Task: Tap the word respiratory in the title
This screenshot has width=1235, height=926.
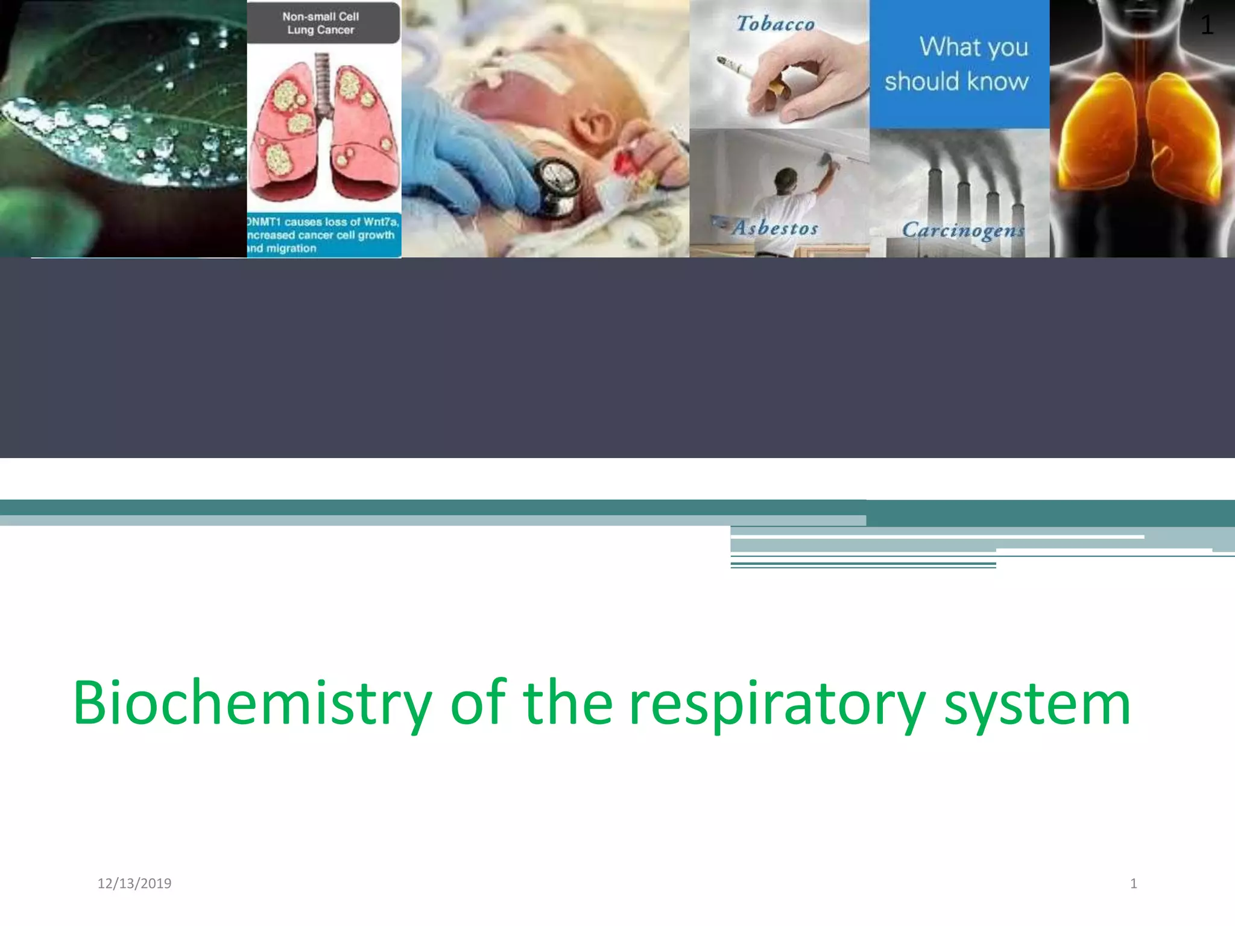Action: (x=777, y=703)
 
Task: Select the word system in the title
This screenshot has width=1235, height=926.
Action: (x=1037, y=703)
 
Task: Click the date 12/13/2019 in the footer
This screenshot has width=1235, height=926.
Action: (x=134, y=883)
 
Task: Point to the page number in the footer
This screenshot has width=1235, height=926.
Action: (x=1133, y=883)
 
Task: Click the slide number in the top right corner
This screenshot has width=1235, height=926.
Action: (x=1206, y=25)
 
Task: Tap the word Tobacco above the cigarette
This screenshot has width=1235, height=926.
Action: (x=775, y=24)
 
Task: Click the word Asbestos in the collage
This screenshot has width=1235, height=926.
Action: (x=775, y=228)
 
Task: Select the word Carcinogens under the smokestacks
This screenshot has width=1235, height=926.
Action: (x=962, y=230)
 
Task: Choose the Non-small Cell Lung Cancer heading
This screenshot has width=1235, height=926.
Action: (x=321, y=23)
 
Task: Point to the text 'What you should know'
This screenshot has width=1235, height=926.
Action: (x=959, y=64)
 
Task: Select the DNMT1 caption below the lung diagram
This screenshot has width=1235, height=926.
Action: (x=323, y=235)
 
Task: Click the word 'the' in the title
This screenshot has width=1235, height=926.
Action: (x=567, y=703)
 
